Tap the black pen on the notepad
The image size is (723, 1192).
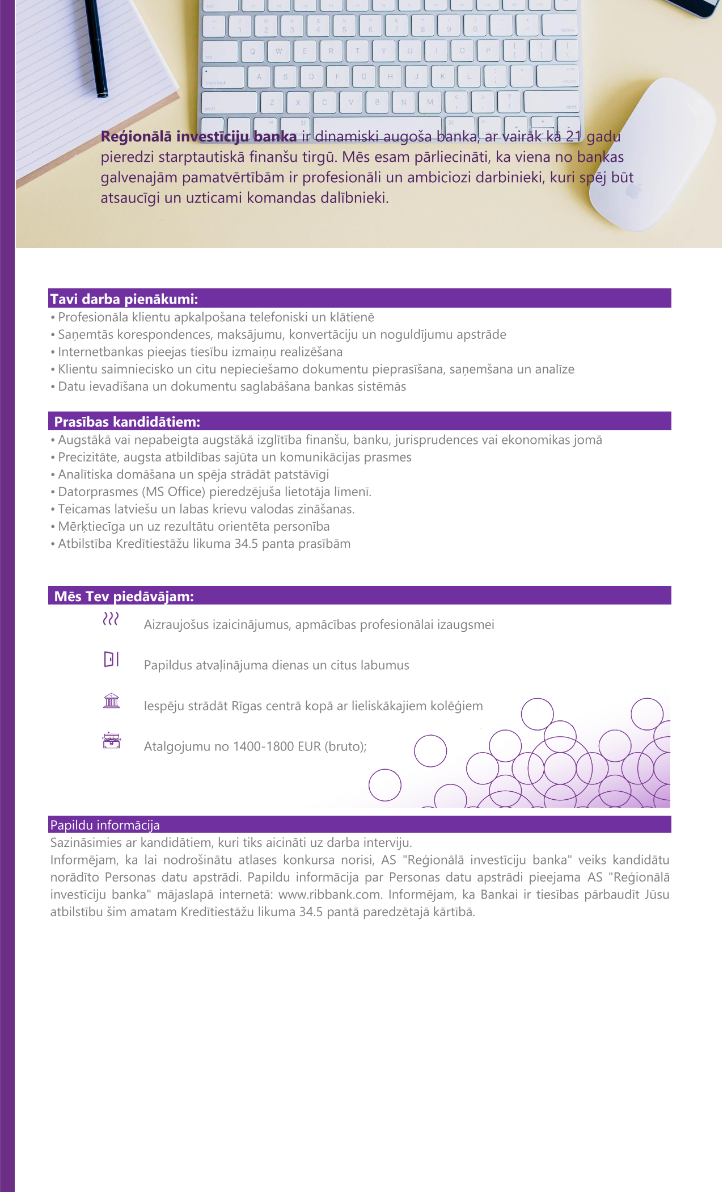tap(96, 48)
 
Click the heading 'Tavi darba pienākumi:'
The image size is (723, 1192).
tap(124, 299)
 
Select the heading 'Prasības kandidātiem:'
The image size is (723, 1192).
tap(127, 422)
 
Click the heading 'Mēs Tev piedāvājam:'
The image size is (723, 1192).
tap(124, 596)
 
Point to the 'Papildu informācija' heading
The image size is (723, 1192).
tap(105, 825)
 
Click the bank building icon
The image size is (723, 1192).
tap(112, 701)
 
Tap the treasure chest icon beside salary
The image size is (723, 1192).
tap(112, 741)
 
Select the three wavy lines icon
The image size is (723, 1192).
tap(111, 619)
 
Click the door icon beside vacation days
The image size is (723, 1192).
tap(111, 660)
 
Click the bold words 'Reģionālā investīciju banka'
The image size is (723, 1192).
tap(198, 137)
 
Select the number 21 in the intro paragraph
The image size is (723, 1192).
tap(574, 137)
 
